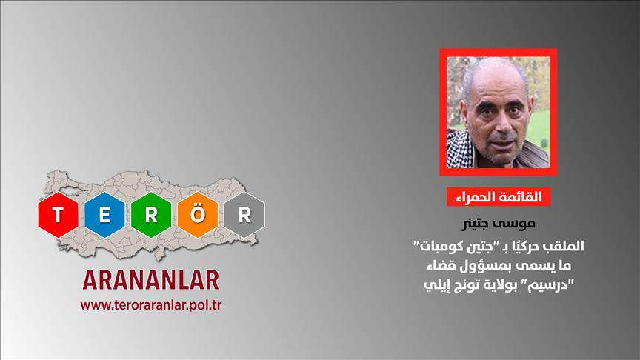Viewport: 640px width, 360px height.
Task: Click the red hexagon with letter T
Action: (58, 215)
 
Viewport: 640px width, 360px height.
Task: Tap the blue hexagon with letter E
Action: (104, 215)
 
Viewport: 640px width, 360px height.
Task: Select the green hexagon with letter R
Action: (151, 215)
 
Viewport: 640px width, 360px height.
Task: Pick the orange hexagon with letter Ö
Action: (198, 215)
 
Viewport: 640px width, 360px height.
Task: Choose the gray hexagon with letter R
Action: (244, 215)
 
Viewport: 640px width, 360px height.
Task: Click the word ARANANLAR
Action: (151, 280)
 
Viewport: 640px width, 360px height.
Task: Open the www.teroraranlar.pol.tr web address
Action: (151, 305)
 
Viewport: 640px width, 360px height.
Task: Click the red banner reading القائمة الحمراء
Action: (499, 197)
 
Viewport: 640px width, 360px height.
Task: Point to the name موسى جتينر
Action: (499, 223)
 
